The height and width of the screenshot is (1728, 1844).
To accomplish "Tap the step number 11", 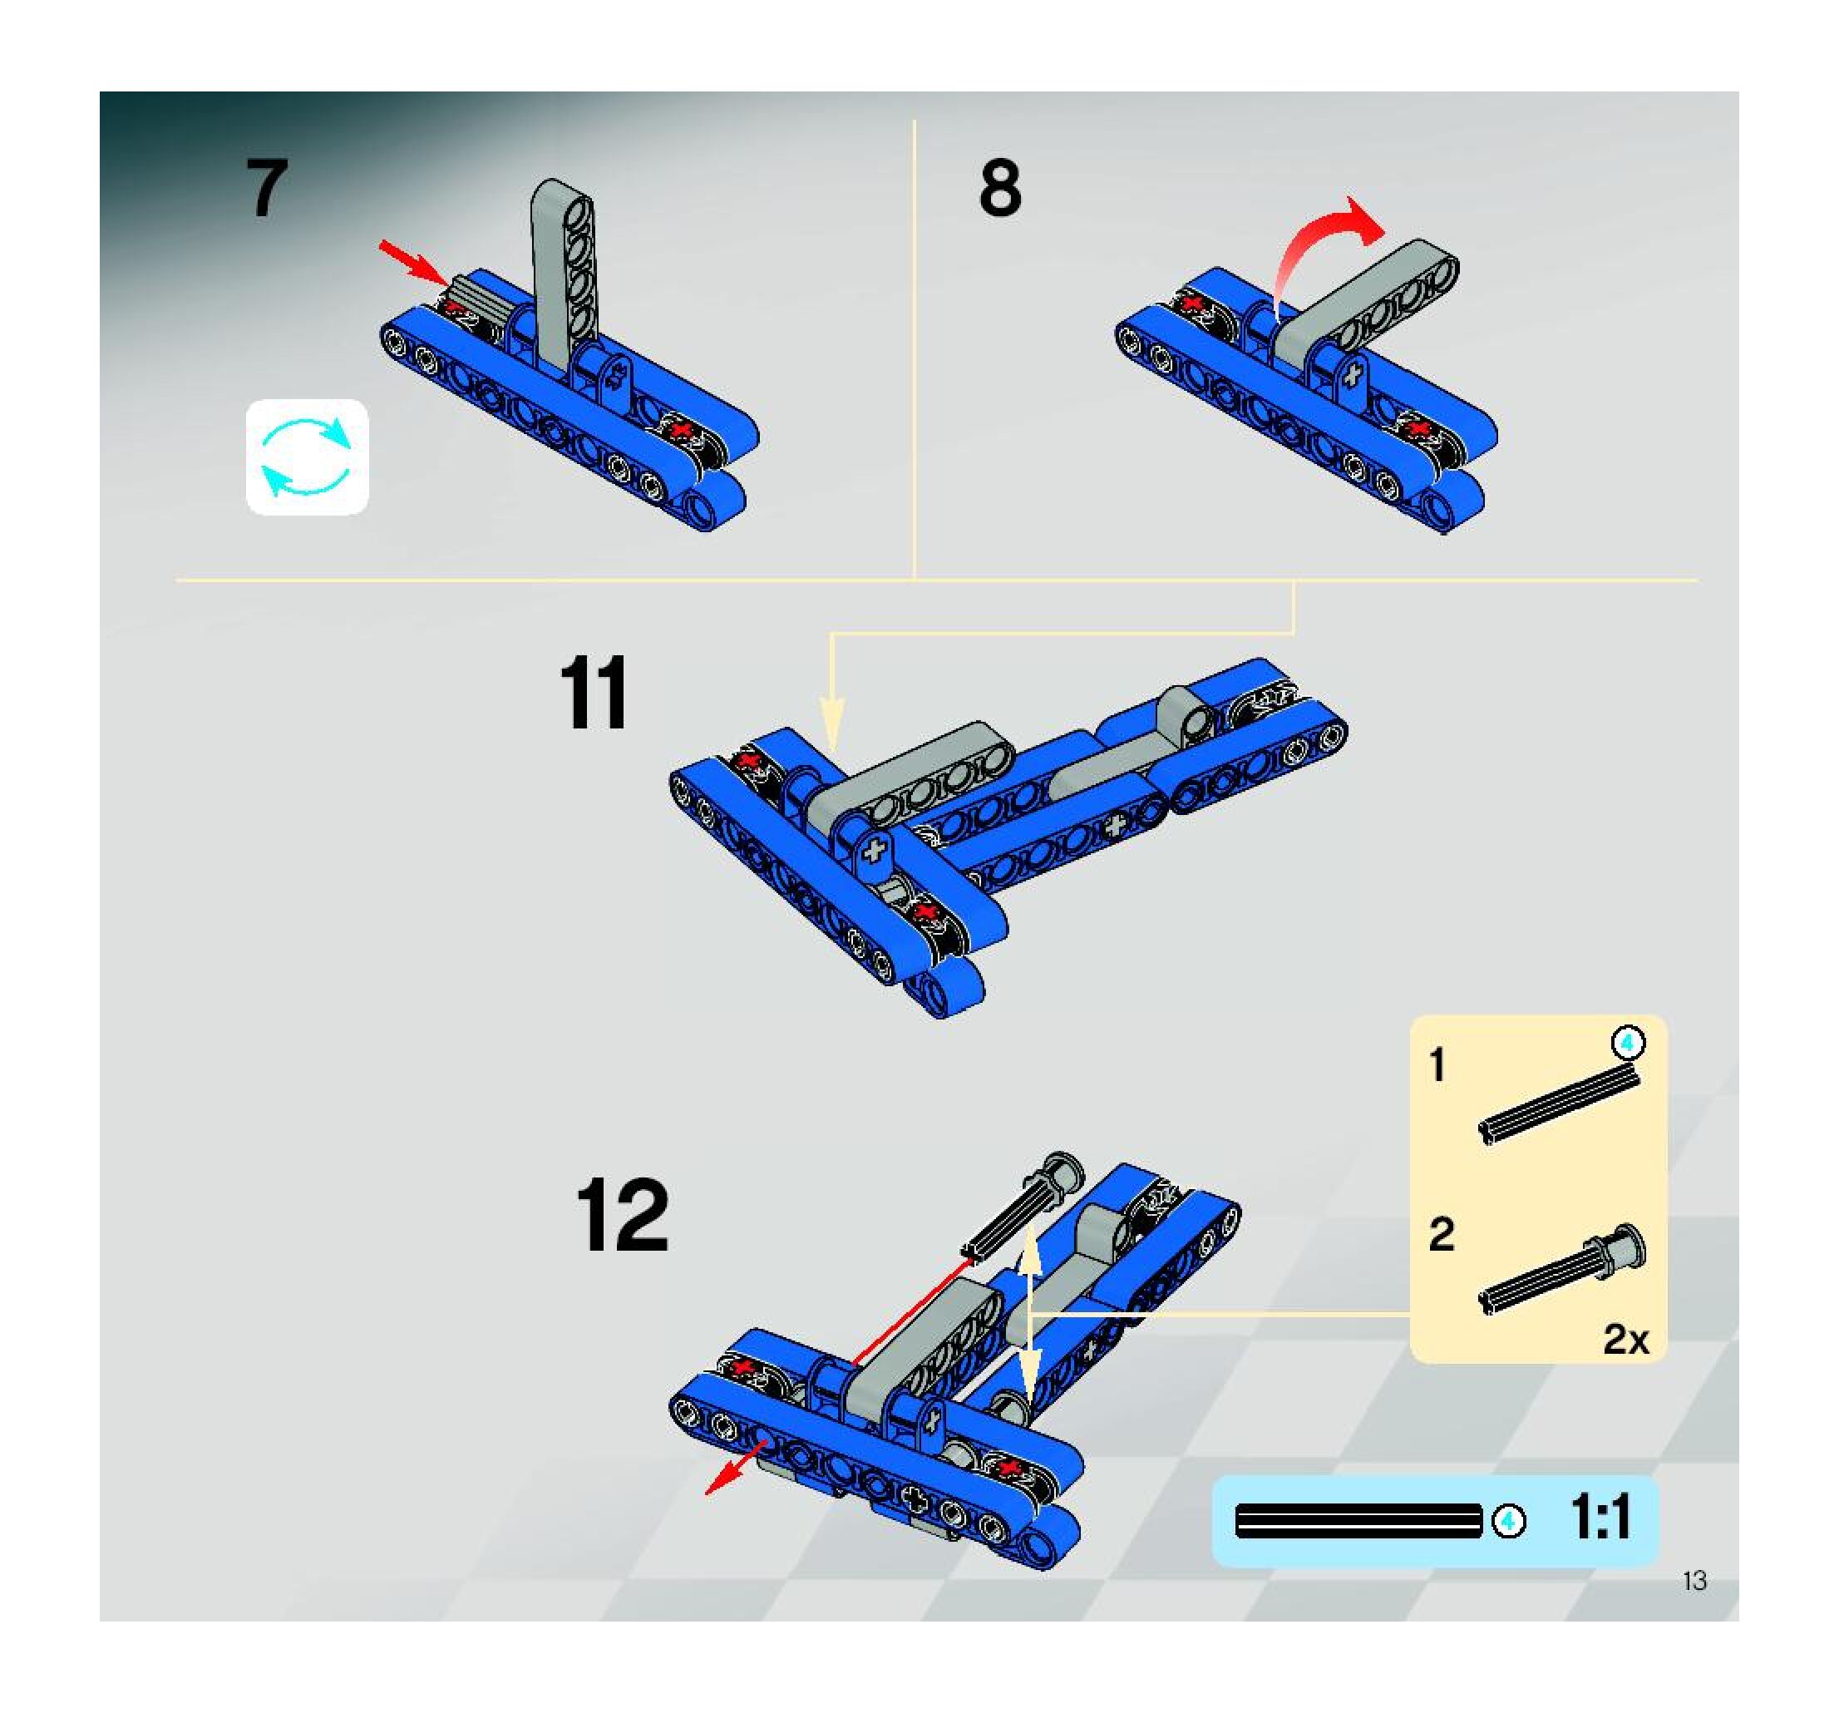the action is pos(594,693).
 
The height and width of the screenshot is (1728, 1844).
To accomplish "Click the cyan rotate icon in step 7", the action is pos(307,457).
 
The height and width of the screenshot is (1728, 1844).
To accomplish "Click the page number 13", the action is pos(1694,1581).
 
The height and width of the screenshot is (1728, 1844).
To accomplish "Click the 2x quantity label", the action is pos(1626,1340).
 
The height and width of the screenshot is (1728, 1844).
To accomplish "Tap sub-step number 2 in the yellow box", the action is pos(1442,1235).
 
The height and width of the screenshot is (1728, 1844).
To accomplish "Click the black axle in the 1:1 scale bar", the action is pos(1358,1522).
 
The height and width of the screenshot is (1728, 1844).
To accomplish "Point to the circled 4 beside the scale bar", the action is pos(1508,1521).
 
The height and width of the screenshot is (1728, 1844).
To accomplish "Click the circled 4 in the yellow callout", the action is pos(1627,1044).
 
